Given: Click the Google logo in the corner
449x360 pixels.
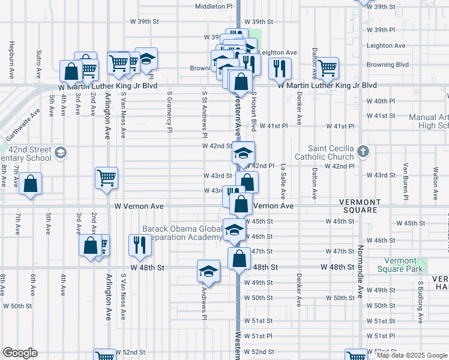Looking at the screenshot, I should pyautogui.click(x=20, y=352).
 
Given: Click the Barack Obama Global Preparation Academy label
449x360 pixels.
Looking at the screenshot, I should pyautogui.click(x=182, y=233).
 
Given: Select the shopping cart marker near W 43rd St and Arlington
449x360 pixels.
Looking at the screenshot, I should pyautogui.click(x=106, y=178).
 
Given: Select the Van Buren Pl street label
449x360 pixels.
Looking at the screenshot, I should pyautogui.click(x=406, y=181).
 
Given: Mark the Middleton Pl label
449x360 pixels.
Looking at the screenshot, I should pyautogui.click(x=213, y=6).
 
